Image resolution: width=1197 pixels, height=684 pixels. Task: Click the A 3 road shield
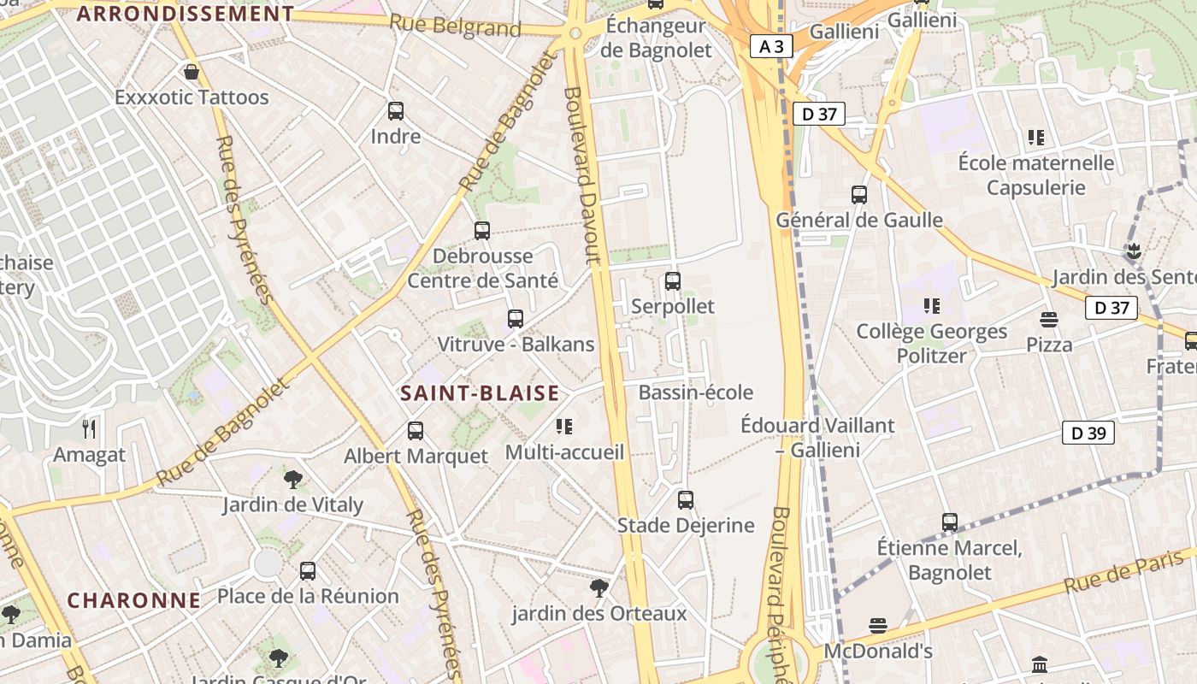771,46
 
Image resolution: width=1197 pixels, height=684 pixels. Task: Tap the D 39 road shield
1088,433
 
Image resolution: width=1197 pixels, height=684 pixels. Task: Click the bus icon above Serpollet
673,280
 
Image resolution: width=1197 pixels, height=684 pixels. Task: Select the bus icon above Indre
395,110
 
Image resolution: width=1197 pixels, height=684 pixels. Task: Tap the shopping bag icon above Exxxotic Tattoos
192,72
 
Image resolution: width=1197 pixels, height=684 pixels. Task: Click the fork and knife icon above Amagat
89,428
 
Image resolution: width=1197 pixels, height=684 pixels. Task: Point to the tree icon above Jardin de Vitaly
293,479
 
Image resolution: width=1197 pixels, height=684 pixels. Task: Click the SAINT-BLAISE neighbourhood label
480,393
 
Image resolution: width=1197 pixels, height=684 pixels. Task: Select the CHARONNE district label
134,600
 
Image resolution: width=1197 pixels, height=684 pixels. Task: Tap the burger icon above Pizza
1049,320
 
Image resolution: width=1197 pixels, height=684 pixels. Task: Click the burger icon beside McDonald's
877,626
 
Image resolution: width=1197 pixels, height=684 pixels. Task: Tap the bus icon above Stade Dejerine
686,500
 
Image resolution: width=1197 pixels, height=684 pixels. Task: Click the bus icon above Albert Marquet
416,431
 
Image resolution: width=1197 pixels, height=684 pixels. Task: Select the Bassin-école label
696,392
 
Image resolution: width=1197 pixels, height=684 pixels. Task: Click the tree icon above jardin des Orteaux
599,588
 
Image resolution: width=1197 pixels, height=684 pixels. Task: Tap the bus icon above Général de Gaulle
859,195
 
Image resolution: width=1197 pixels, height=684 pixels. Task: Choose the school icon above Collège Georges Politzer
932,306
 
